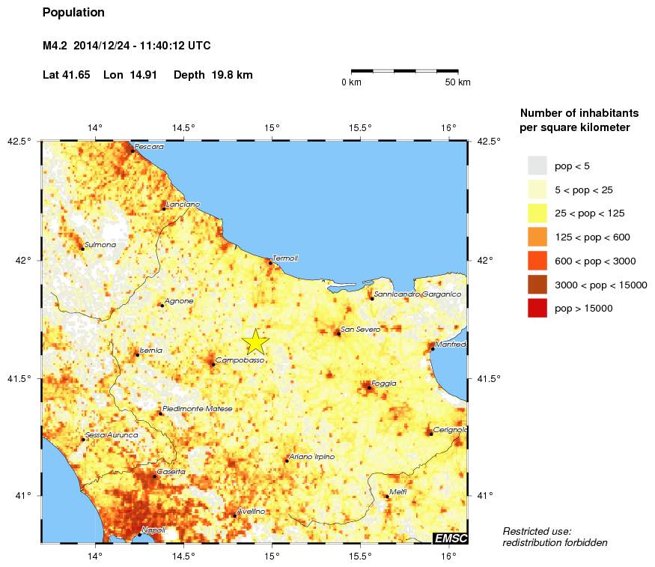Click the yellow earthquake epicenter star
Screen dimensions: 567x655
(255, 341)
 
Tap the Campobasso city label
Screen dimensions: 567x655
(240, 360)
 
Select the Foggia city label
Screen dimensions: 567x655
(383, 383)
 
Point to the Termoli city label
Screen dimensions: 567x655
(285, 258)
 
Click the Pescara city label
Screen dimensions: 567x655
(149, 147)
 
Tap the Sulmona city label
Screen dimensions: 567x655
(100, 244)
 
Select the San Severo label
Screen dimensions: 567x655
(360, 330)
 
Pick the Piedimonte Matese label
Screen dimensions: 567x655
(198, 409)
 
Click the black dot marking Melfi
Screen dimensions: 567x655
(387, 497)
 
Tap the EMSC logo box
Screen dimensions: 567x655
(450, 539)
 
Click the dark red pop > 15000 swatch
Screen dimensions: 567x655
(537, 308)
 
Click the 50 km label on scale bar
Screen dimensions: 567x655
(457, 82)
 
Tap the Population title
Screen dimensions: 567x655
(73, 13)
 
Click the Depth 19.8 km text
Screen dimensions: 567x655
(213, 75)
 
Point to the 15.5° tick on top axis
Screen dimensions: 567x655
(360, 127)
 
